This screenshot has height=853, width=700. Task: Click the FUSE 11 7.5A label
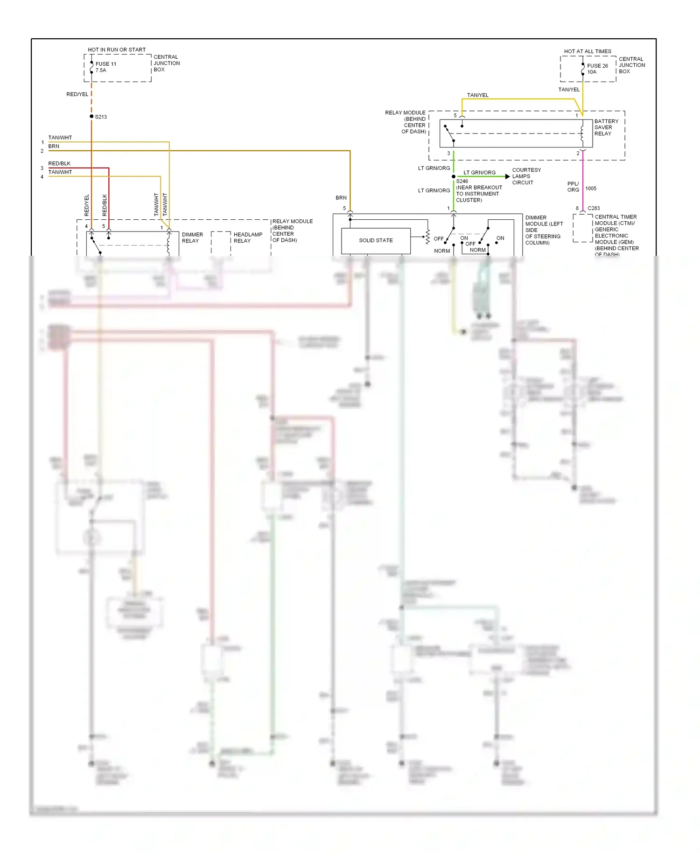point(105,67)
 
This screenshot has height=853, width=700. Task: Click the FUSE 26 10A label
point(597,69)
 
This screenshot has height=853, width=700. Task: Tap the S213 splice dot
point(91,116)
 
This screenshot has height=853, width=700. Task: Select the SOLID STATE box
point(376,240)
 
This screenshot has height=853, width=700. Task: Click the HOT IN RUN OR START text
point(117,49)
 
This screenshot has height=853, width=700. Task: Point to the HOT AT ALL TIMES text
point(587,51)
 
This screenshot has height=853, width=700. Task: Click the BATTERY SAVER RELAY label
point(606,127)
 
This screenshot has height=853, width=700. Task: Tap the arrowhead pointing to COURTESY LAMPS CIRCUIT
point(507,176)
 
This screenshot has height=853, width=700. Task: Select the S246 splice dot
point(453,176)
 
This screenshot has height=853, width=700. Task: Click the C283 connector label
point(594,208)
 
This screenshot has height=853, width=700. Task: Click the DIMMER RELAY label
point(192,238)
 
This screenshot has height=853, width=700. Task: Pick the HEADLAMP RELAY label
point(247,238)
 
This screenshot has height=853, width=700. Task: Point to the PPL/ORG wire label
point(573,187)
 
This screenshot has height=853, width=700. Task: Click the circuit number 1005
point(590,189)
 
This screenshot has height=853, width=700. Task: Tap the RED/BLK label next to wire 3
point(59,163)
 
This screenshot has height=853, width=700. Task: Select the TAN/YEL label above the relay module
point(477,95)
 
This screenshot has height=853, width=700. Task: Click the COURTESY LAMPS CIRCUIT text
point(526,176)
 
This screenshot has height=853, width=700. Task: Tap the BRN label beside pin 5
point(341,198)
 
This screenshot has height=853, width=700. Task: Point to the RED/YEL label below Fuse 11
point(77,94)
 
